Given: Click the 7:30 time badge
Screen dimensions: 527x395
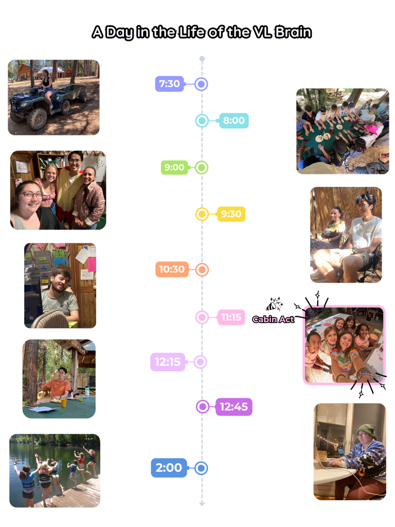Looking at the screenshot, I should tap(169, 84).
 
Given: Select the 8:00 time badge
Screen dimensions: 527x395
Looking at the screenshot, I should tap(234, 120).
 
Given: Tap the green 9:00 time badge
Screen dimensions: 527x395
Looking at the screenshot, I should tap(174, 167).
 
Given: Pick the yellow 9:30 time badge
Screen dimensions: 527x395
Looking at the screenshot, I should tap(231, 214).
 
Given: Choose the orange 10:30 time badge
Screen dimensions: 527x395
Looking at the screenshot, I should tap(172, 269).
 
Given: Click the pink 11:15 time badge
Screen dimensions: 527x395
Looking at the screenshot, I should tap(231, 318).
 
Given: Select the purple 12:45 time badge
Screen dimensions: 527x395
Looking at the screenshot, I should tap(234, 407).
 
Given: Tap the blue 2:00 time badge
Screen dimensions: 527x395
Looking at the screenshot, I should tap(169, 468).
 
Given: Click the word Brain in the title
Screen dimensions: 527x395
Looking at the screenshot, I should tap(291, 32).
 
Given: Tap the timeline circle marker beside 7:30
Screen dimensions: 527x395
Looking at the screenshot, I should tap(202, 84).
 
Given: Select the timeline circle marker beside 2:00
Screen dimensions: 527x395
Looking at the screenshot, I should tap(202, 468).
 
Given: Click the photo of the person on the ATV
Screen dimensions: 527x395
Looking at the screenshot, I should tap(54, 97).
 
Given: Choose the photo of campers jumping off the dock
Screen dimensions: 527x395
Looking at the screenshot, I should tap(55, 470).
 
